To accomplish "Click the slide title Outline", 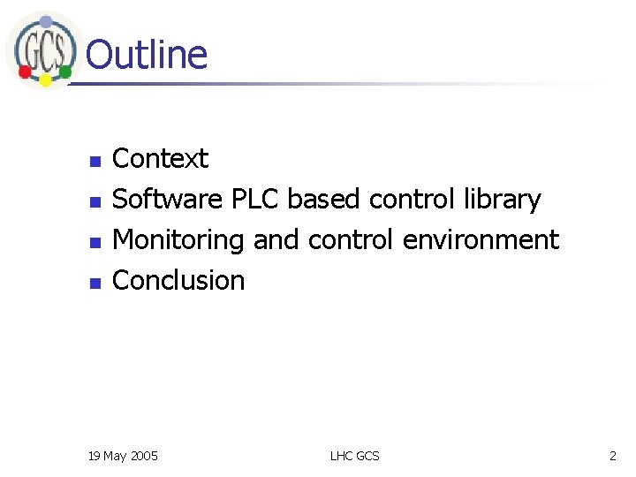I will pos(147,55).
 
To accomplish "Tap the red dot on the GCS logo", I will pos(26,71).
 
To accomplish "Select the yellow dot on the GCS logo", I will pos(46,80).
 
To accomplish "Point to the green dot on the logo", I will pos(65,70).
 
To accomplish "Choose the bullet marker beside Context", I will pos(95,161).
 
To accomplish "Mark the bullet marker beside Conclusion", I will pos(95,283).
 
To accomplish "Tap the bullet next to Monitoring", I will pos(95,242).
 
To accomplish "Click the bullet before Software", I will pos(95,201).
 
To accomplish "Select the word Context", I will pos(161,159).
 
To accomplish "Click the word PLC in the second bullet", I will pos(255,200).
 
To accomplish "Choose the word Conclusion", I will pos(179,281).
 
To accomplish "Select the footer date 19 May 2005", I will pos(124,456).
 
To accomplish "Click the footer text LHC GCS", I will pos(354,456).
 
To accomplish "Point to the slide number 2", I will pos(612,456).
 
